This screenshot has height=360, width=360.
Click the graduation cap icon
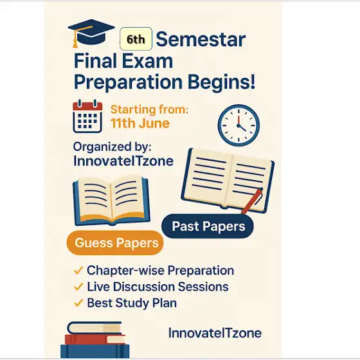91,33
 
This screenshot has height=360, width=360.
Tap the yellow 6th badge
136,39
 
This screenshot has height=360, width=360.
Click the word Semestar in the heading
201,39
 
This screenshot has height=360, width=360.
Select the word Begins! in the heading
221,82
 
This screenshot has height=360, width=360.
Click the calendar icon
87,116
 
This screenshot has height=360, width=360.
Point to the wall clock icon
239,125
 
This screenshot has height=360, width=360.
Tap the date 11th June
140,123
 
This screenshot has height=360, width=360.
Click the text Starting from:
149,109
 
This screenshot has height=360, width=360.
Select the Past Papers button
208,226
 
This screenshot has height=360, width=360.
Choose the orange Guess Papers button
115,243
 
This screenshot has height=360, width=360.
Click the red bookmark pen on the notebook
252,201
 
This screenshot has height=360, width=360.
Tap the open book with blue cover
111,201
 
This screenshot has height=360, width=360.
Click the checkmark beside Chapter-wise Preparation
78,270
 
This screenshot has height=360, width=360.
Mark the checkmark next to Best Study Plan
78,303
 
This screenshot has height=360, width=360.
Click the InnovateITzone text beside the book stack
215,333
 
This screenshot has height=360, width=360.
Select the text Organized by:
113,147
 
